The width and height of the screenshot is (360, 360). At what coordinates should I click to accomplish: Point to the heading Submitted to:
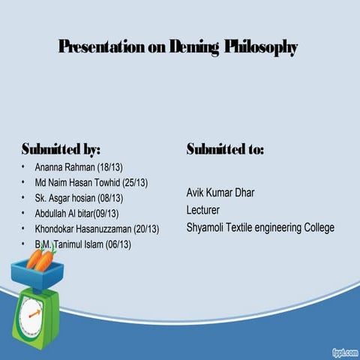pyautogui.click(x=225, y=148)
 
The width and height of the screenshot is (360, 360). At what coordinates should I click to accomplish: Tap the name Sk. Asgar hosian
pyautogui.click(x=67, y=198)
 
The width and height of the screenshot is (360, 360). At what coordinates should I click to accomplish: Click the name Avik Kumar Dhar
pyautogui.click(x=220, y=193)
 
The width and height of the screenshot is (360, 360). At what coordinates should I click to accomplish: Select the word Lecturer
pyautogui.click(x=202, y=210)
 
